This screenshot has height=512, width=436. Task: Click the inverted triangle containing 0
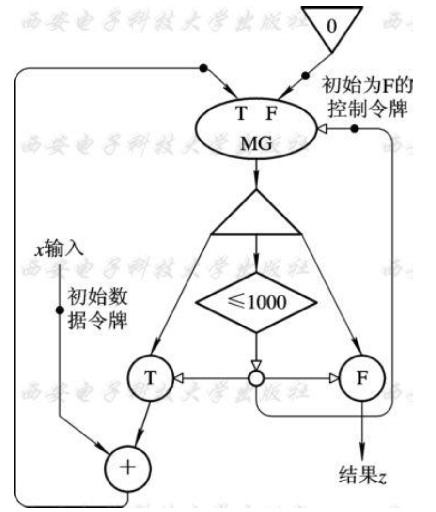coord(331,26)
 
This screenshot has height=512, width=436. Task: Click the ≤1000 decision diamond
coord(255,302)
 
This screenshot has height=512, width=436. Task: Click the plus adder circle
coord(127,457)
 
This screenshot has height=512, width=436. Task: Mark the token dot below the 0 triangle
coord(305,76)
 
